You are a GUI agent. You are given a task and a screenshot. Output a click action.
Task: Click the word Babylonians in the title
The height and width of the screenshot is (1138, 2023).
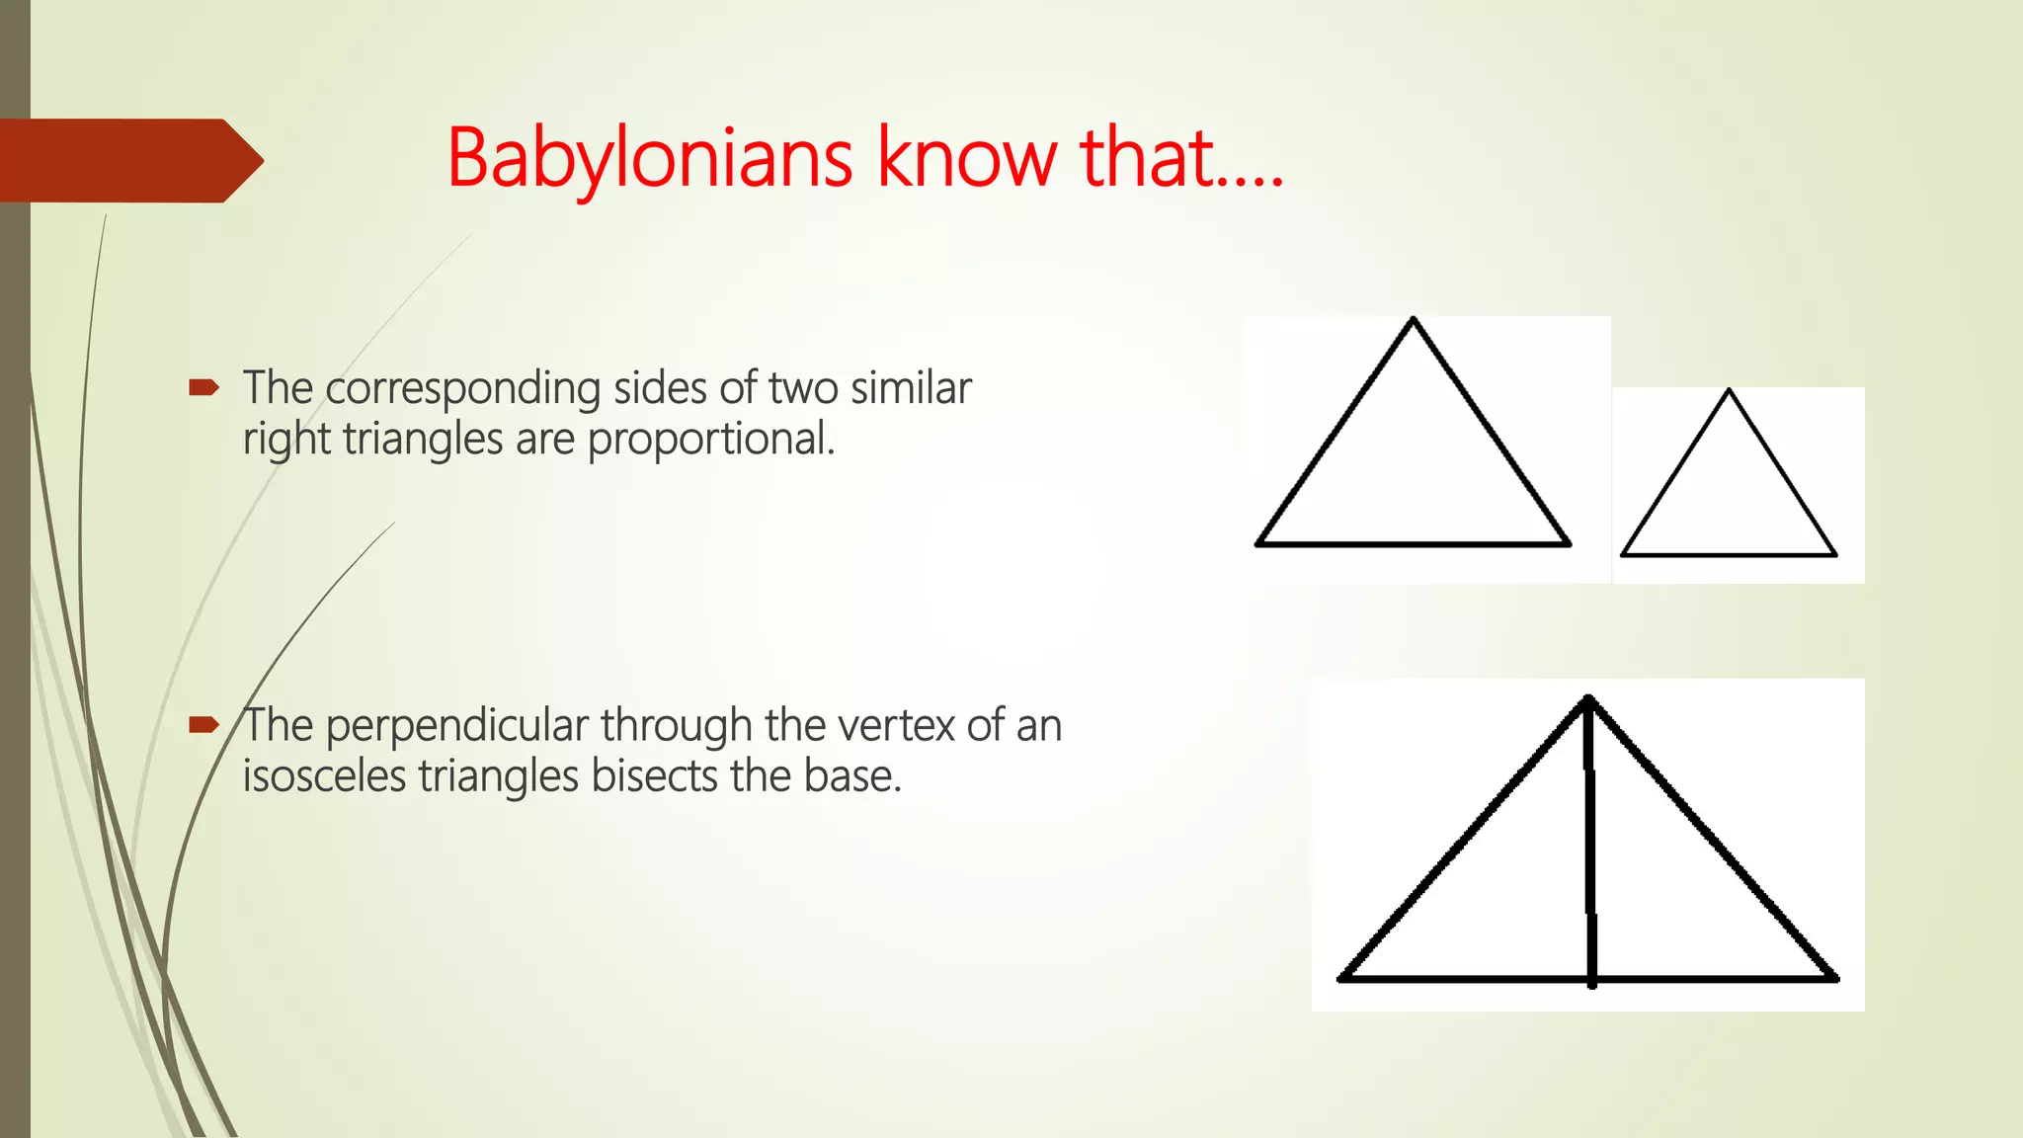pos(649,158)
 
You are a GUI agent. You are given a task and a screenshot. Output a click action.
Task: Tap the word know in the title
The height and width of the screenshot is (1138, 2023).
pos(966,158)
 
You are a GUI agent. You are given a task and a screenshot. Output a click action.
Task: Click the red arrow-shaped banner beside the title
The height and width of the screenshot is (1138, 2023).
pos(128,160)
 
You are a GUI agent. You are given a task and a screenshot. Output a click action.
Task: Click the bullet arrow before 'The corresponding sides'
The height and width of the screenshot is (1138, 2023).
pos(203,388)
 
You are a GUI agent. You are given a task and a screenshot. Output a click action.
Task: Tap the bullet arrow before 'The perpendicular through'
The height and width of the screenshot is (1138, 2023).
pos(203,725)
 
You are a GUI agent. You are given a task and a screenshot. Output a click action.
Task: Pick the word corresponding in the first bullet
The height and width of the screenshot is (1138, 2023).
pos(462,389)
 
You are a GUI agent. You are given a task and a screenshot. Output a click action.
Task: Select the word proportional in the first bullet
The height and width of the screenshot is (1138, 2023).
pos(710,439)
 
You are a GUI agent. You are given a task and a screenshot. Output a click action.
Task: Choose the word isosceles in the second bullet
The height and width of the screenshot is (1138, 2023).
pos(324,776)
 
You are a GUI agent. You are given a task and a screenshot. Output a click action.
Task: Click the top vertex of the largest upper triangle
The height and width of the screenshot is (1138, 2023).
pos(1414,320)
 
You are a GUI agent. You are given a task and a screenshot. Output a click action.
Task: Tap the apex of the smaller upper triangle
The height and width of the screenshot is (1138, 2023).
pos(1729,391)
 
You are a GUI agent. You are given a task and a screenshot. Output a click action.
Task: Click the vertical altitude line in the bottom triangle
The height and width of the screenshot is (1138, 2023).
pos(1590,840)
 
